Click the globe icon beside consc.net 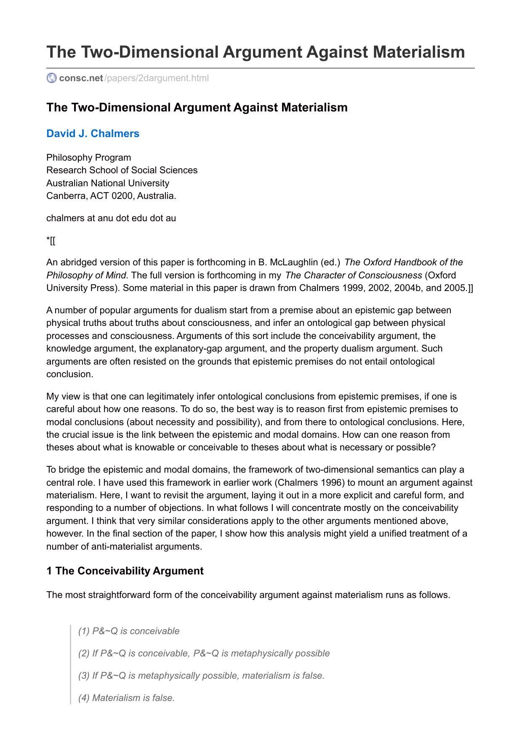[x=52, y=78]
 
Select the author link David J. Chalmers [x=93, y=134]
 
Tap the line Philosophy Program [x=88, y=158]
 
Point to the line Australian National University [x=108, y=183]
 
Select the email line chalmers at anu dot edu [x=111, y=218]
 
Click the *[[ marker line [x=51, y=241]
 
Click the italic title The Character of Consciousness [x=354, y=275]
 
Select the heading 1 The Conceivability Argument [x=125, y=571]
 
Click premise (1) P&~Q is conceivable [x=129, y=631]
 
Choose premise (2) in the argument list [x=204, y=653]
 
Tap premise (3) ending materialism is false [x=201, y=676]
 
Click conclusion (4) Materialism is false [x=126, y=698]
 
